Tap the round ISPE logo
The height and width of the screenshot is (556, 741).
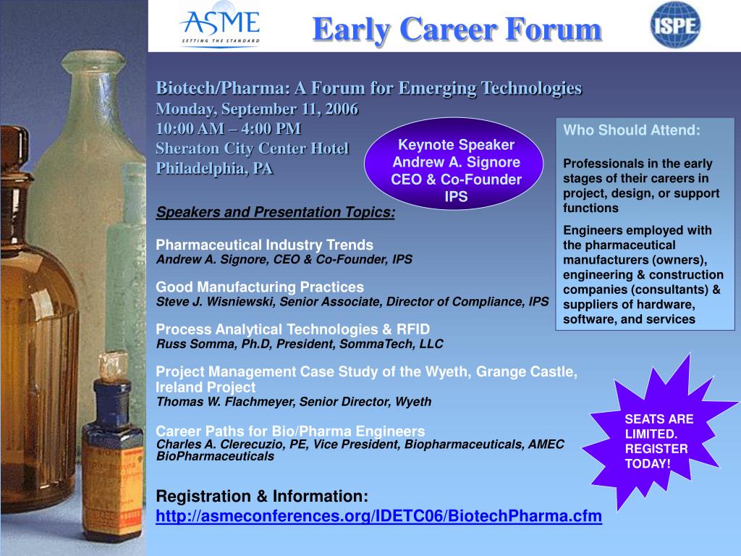click(x=675, y=25)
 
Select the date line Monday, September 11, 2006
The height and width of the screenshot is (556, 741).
click(x=257, y=109)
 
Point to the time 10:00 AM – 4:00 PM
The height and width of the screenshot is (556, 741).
click(x=229, y=128)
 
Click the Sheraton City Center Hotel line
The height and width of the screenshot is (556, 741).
click(x=253, y=148)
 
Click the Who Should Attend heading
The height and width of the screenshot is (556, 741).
click(x=632, y=130)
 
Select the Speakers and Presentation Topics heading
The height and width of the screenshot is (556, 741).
click(x=276, y=212)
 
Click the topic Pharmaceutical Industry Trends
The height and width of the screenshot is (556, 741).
click(x=265, y=244)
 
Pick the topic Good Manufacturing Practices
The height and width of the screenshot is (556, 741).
click(x=260, y=287)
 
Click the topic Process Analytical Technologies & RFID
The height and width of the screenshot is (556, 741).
click(x=293, y=329)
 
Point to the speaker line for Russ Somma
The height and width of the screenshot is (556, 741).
click(x=300, y=343)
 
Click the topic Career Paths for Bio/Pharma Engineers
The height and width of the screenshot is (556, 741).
click(x=290, y=429)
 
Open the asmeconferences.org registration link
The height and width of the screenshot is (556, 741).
click(x=379, y=517)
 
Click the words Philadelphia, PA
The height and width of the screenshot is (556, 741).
click(x=214, y=169)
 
